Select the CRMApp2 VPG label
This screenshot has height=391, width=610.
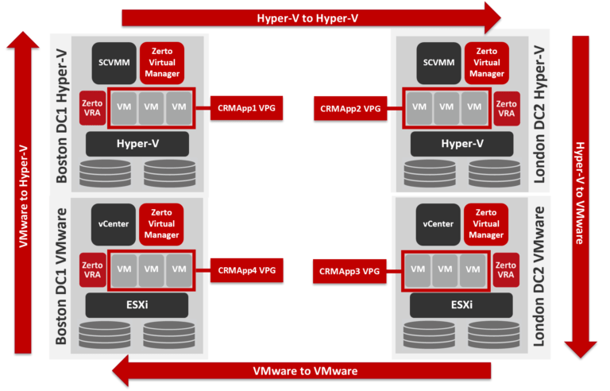[350, 107]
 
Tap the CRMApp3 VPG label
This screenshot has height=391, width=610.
[349, 270]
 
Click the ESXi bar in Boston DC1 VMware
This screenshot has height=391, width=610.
[137, 304]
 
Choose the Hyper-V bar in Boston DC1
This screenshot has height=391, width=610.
[137, 144]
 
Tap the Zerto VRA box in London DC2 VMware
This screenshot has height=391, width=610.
[506, 270]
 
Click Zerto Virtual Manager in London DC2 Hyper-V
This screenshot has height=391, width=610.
[486, 62]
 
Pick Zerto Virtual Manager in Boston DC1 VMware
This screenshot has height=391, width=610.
[161, 224]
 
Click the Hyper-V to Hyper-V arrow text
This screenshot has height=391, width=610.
[306, 17]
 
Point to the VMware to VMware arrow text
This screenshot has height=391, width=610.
[305, 371]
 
